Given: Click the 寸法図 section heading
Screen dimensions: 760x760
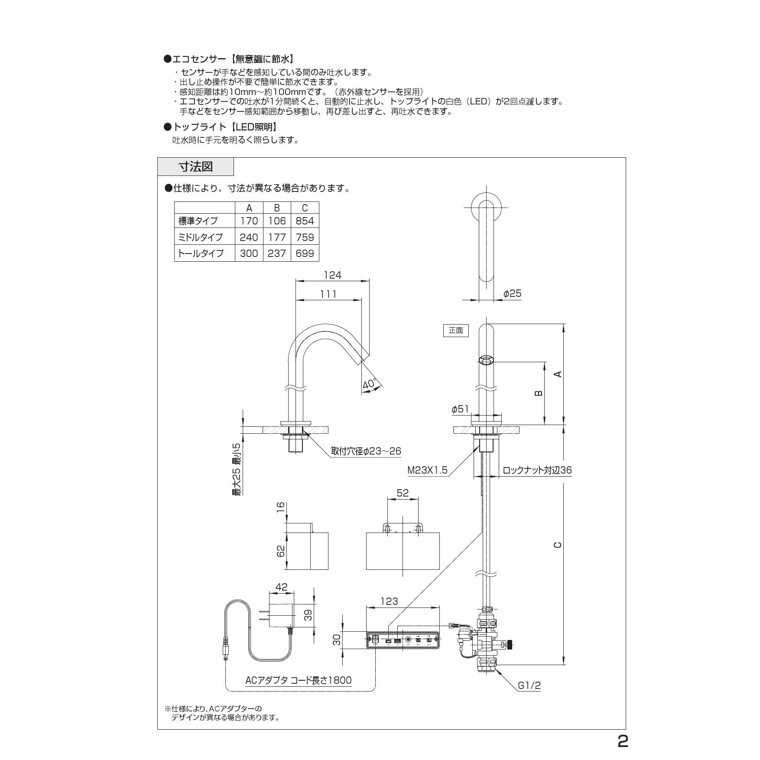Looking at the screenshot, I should [x=196, y=167].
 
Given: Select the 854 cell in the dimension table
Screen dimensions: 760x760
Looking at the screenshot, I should [x=305, y=221].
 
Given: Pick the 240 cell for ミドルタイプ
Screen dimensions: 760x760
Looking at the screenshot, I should [x=249, y=237].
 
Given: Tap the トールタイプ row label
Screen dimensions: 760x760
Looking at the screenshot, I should [x=201, y=253].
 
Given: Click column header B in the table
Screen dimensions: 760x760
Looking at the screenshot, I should [x=277, y=208].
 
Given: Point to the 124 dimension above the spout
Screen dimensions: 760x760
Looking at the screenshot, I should [x=332, y=275].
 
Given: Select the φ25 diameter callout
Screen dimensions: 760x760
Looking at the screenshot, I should [x=512, y=294].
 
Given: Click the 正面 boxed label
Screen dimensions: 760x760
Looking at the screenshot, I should [x=456, y=331].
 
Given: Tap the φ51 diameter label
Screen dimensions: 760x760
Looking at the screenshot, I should [x=460, y=409].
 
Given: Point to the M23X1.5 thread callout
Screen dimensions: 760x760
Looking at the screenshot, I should [x=427, y=470].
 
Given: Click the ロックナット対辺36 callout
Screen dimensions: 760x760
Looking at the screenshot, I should [x=537, y=470].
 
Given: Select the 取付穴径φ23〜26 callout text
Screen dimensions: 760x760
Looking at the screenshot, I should [x=366, y=451].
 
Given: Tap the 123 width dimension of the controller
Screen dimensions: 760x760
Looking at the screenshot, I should [x=389, y=601].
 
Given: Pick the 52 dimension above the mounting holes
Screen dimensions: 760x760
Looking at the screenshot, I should [x=403, y=493].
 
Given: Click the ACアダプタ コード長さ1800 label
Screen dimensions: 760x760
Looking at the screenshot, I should [x=299, y=680].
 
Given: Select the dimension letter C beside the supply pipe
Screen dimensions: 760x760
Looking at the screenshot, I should [x=558, y=545].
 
